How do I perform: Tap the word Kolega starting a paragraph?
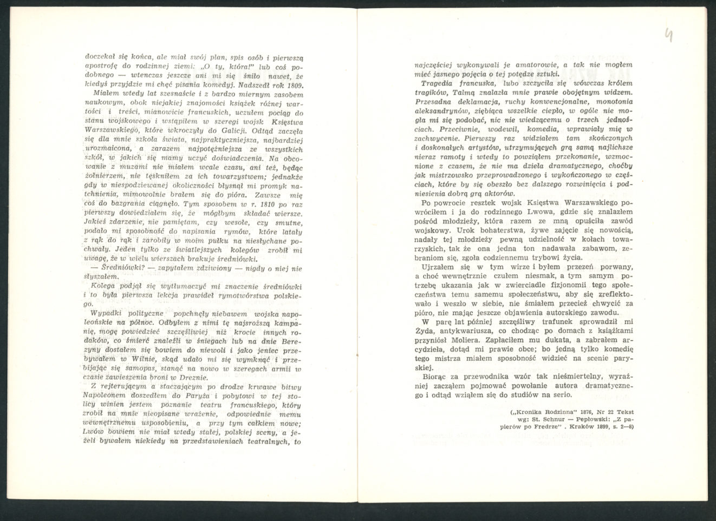click(103, 285)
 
